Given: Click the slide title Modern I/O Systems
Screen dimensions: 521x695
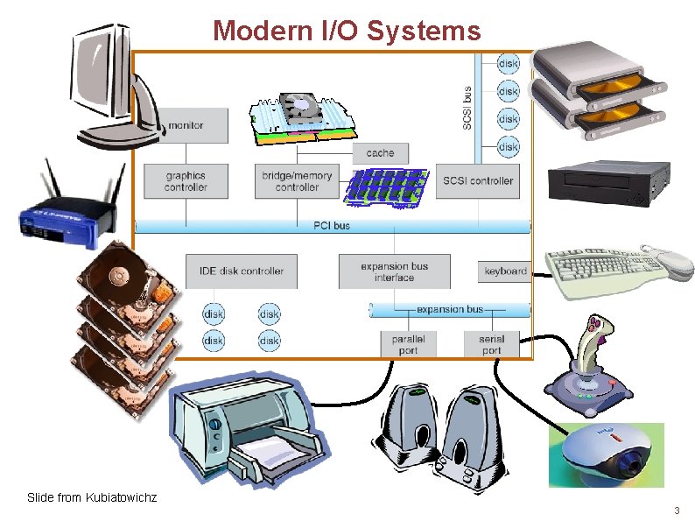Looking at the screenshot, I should (x=347, y=32).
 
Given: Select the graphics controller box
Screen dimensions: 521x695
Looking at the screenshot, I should (x=186, y=181).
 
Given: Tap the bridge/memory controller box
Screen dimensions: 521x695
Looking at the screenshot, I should (x=297, y=181).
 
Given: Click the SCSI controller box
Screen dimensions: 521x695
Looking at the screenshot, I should (x=479, y=181).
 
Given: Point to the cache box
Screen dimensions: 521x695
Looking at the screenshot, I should (x=380, y=153).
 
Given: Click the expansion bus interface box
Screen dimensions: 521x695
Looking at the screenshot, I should (x=394, y=271).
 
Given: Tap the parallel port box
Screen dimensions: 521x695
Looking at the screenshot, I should (x=408, y=344).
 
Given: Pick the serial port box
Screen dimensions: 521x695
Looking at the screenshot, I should (x=492, y=344).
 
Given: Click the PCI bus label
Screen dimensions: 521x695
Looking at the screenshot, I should (x=332, y=226).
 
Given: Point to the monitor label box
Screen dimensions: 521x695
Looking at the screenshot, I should (x=186, y=125).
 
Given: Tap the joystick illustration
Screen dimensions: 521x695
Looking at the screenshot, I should (x=591, y=368).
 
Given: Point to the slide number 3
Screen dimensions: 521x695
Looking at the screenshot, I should (x=676, y=510).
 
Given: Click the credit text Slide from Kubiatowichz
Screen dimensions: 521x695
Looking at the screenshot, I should (x=92, y=497).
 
